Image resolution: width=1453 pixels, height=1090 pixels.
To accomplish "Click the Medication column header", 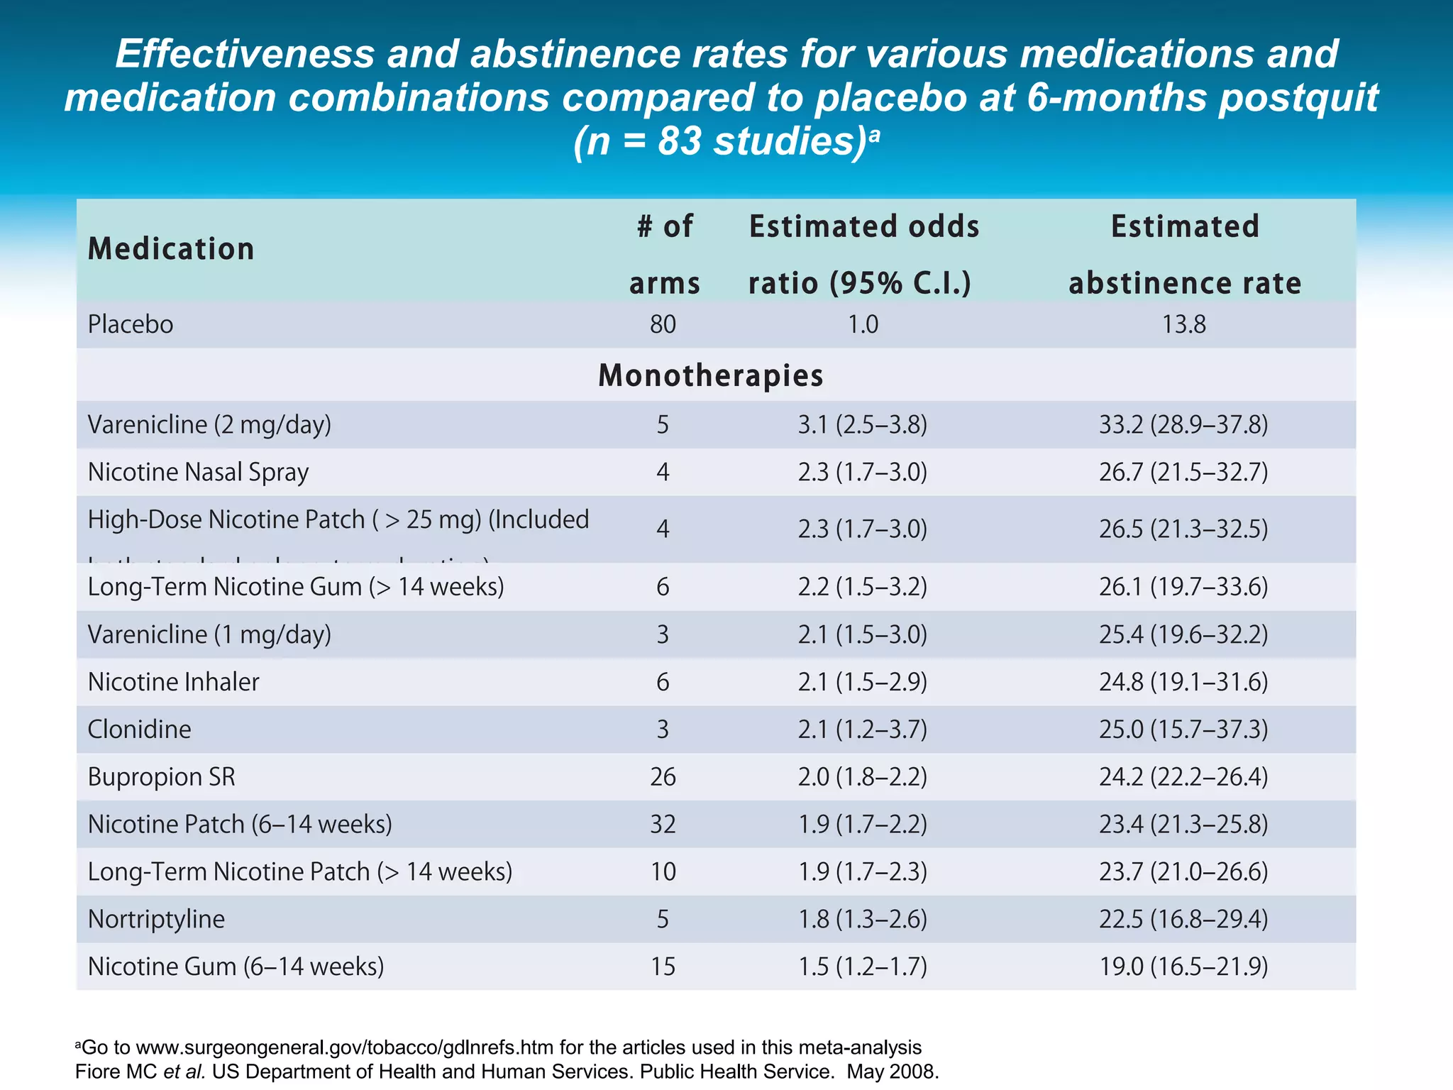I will [170, 249].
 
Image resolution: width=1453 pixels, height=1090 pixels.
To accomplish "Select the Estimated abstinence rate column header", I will [1184, 254].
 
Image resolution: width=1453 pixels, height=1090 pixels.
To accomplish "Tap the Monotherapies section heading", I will [710, 375].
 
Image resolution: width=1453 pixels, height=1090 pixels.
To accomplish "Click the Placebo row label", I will [131, 324].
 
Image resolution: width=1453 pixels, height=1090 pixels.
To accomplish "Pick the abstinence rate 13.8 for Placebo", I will [1183, 324].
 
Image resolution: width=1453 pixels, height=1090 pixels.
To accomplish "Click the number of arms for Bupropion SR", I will [663, 776].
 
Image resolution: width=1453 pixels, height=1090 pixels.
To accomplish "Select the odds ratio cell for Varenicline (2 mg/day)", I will [862, 424].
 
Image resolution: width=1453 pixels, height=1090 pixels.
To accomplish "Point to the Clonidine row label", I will [139, 729].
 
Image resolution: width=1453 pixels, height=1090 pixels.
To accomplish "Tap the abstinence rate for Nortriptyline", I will [1183, 919].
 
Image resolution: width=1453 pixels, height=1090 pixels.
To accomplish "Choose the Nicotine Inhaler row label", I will [173, 681].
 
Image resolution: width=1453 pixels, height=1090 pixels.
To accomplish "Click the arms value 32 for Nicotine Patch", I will [663, 824].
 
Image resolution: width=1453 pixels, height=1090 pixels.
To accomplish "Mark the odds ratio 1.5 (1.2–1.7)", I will [862, 967].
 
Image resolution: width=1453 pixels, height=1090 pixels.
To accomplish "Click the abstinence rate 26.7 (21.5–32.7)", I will [1183, 472].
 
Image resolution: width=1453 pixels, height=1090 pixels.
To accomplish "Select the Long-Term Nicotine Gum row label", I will [295, 587].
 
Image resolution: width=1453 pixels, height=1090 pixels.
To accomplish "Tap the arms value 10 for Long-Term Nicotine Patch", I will [663, 871].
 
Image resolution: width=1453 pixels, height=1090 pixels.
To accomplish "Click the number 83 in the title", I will [680, 141].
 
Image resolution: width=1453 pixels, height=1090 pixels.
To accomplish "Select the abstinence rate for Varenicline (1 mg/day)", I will [1183, 634].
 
